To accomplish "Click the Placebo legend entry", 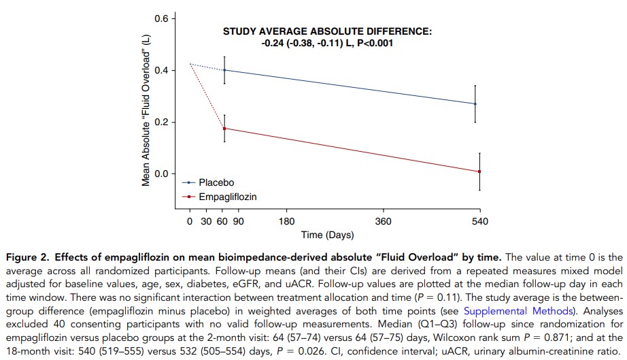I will coord(216,183).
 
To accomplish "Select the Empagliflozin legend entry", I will coord(227,196).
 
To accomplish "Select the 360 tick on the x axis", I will coord(383,222).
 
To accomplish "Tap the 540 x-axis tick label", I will coord(479,222).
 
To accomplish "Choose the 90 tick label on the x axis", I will coord(239,222).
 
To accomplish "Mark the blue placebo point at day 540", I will coord(475,104).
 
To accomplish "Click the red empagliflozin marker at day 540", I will coord(479,171).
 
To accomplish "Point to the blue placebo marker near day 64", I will coord(224,70).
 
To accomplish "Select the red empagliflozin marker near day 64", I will coord(224,128).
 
